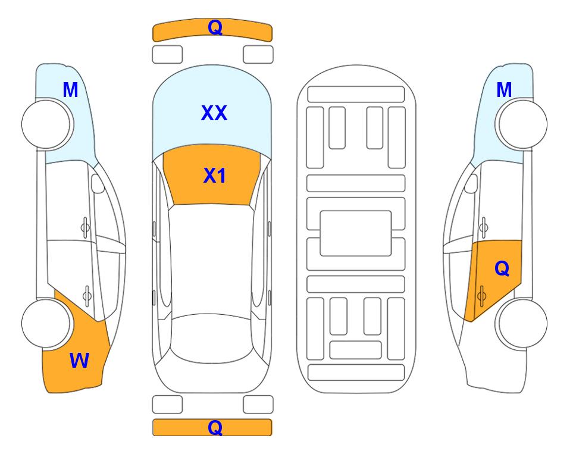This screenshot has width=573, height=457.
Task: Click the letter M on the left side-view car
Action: click(71, 90)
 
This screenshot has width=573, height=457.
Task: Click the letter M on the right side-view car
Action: click(504, 90)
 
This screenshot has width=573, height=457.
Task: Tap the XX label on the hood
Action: click(214, 113)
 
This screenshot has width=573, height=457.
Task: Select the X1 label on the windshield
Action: click(215, 176)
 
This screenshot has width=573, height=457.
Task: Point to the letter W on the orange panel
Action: click(79, 361)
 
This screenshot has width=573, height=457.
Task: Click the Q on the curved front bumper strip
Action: click(215, 27)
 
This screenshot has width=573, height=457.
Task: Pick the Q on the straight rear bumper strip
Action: click(215, 427)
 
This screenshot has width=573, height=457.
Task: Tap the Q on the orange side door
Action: click(502, 269)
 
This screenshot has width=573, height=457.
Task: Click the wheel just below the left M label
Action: click(48, 124)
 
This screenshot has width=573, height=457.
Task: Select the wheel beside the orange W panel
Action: click(46, 324)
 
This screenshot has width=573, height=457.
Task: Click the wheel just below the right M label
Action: click(521, 124)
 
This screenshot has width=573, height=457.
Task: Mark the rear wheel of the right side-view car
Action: click(521, 324)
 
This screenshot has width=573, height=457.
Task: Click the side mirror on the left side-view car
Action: click(98, 183)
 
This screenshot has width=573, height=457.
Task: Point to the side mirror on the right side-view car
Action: click(471, 183)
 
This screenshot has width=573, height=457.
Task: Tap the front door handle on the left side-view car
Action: click(85, 228)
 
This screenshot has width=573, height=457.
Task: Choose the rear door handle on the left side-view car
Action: click(87, 295)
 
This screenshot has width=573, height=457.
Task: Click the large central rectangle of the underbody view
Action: click(356, 233)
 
